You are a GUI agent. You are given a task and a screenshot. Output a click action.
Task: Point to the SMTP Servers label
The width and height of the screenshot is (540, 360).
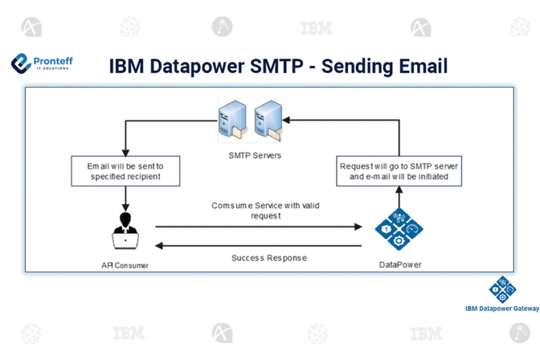[251, 155]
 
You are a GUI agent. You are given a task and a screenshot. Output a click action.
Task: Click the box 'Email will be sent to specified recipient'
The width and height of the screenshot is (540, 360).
[125, 171]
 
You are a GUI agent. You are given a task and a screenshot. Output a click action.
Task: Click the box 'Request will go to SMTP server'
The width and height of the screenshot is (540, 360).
[399, 171]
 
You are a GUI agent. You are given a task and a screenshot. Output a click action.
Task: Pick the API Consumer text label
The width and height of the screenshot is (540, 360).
[125, 265]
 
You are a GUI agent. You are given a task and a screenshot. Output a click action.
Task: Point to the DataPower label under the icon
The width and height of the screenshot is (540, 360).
[399, 265]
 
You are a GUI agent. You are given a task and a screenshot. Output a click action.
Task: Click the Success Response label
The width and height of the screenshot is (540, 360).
[269, 258]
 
